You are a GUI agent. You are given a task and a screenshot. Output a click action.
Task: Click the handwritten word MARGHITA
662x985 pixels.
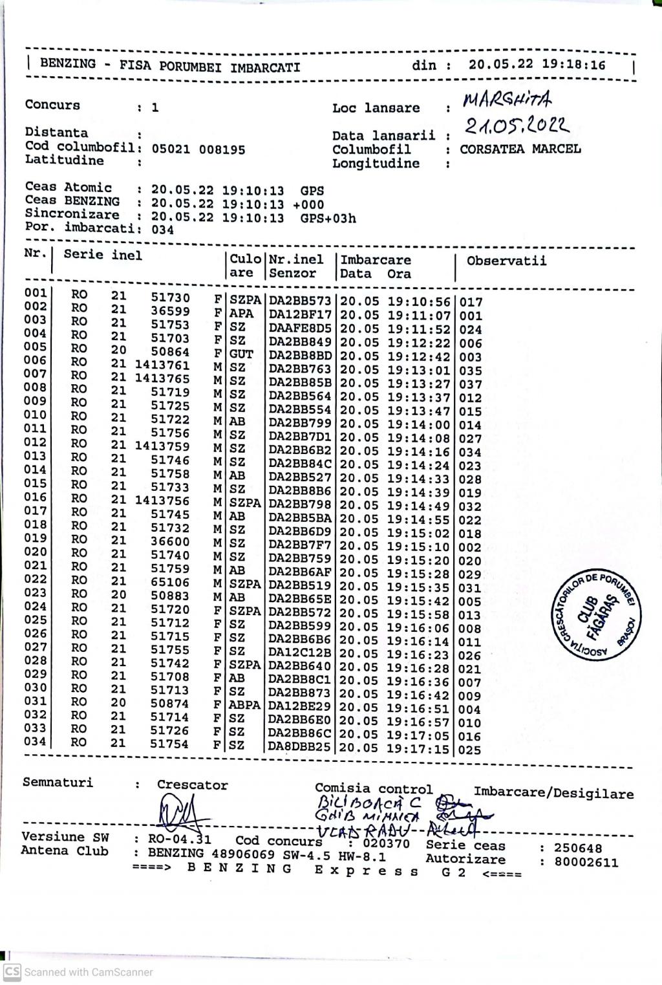(507, 100)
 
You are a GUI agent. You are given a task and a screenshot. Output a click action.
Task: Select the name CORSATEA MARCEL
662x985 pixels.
(520, 149)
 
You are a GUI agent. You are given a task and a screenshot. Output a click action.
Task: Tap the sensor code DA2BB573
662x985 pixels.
(300, 301)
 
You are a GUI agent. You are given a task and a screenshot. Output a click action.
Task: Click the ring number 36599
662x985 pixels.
(170, 311)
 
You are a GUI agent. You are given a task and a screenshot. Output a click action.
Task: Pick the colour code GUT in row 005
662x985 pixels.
(241, 354)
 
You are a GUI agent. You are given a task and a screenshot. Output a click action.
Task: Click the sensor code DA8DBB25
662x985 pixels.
(300, 748)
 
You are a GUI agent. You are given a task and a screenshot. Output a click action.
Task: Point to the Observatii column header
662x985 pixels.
(506, 261)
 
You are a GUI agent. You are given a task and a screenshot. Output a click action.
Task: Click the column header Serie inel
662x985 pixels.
(103, 255)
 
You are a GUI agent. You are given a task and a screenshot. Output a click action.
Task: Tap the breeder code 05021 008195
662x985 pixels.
(198, 149)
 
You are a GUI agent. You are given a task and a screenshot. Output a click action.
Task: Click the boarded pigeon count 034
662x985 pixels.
(162, 230)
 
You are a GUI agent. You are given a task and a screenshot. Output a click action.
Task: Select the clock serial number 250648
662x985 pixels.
(578, 848)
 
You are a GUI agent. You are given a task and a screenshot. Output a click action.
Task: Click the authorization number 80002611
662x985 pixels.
(587, 862)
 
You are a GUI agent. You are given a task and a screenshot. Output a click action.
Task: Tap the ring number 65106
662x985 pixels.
(170, 583)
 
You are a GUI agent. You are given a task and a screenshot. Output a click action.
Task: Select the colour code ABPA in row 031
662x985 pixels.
(245, 705)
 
